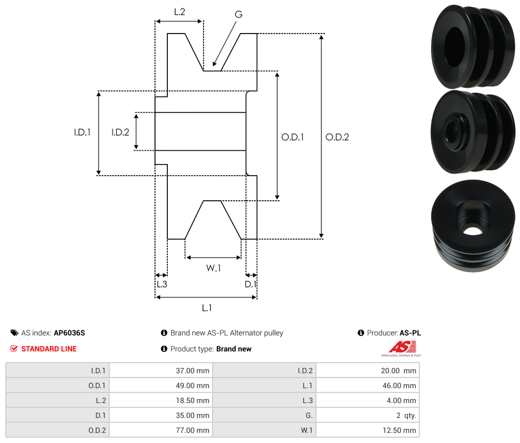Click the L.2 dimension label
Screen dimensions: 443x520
[x=179, y=11]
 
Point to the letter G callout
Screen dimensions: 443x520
[x=238, y=14]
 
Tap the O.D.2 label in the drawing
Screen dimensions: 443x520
[x=337, y=137]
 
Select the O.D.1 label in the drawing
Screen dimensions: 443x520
[x=292, y=137]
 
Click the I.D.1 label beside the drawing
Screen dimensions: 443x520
[x=82, y=133]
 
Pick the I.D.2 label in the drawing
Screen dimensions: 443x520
[x=120, y=133]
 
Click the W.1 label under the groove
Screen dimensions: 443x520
[x=213, y=268]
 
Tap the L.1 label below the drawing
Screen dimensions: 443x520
[x=207, y=308]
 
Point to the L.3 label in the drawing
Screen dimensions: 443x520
[x=161, y=284]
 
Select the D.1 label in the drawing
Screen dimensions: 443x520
[x=250, y=284]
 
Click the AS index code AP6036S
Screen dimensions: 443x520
[x=69, y=333]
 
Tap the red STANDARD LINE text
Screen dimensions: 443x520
[x=49, y=349]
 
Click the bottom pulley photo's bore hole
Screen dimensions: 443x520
[x=471, y=231]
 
